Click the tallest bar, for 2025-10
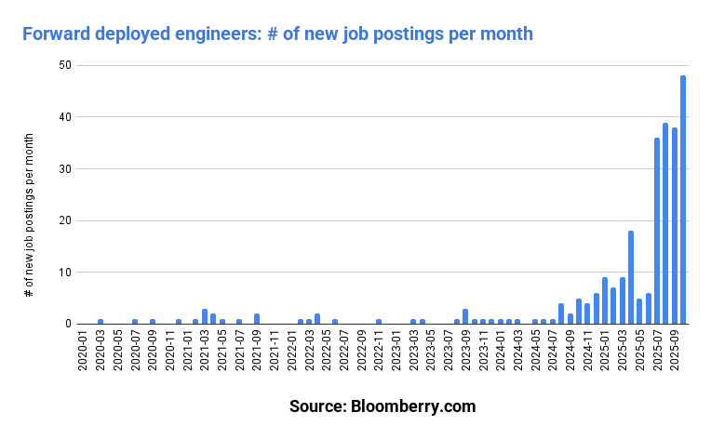(683, 200)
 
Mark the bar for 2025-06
(649, 309)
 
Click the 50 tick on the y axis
(67, 66)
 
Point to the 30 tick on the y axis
(67, 169)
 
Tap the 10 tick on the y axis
(67, 273)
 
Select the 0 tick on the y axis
(70, 324)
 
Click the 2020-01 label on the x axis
(83, 353)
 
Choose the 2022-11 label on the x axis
(379, 353)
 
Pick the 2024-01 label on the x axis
(501, 353)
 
